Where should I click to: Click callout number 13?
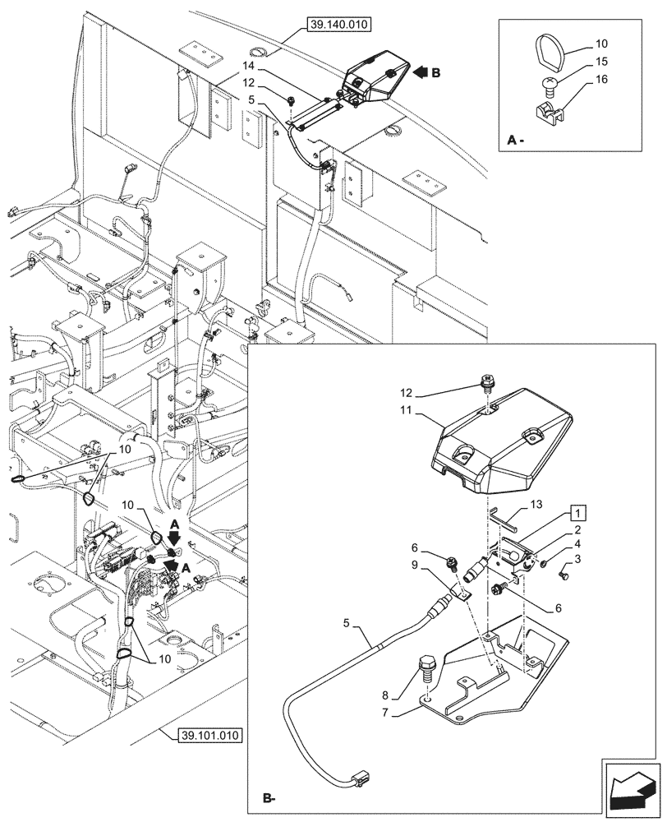536,503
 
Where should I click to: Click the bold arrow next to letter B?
421,72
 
